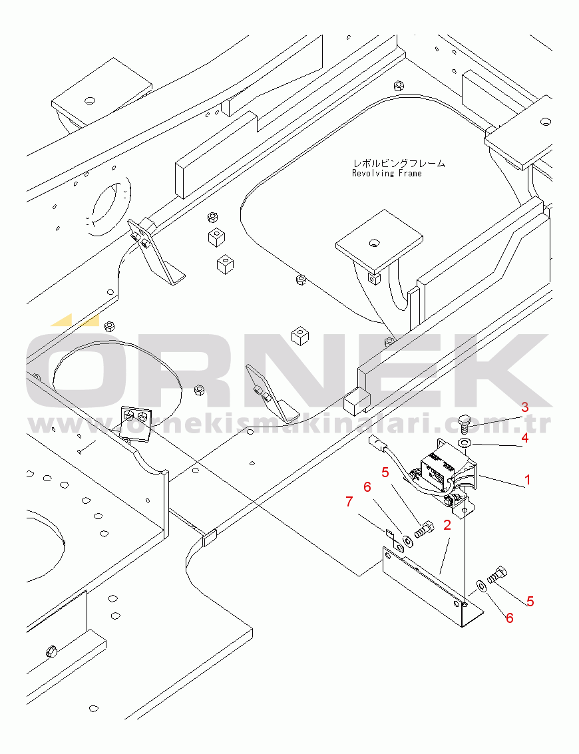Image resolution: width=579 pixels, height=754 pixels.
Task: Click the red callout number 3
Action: coord(525,407)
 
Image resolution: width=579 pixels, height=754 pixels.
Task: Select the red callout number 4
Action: coord(524,438)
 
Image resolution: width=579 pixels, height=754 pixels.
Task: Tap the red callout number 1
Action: coord(528,479)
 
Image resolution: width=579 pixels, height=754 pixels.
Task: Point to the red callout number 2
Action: coord(447,525)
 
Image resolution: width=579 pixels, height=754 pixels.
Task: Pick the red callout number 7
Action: coord(349,502)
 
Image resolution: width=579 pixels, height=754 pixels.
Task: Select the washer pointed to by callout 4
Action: coord(465,443)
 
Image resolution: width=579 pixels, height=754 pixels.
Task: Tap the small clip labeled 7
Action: coord(395,540)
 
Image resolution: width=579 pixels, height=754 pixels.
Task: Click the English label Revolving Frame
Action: coord(387,173)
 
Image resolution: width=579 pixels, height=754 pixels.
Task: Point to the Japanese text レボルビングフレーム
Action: coord(399,164)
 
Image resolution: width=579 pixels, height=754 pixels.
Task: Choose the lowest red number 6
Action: coord(509,618)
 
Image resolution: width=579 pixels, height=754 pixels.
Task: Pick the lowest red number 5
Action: coord(530,601)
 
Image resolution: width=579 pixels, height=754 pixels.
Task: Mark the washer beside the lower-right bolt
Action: coord(481,585)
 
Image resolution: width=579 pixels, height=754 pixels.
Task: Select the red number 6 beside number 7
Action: coord(367,487)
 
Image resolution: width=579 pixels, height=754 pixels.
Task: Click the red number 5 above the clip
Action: coord(385,472)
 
